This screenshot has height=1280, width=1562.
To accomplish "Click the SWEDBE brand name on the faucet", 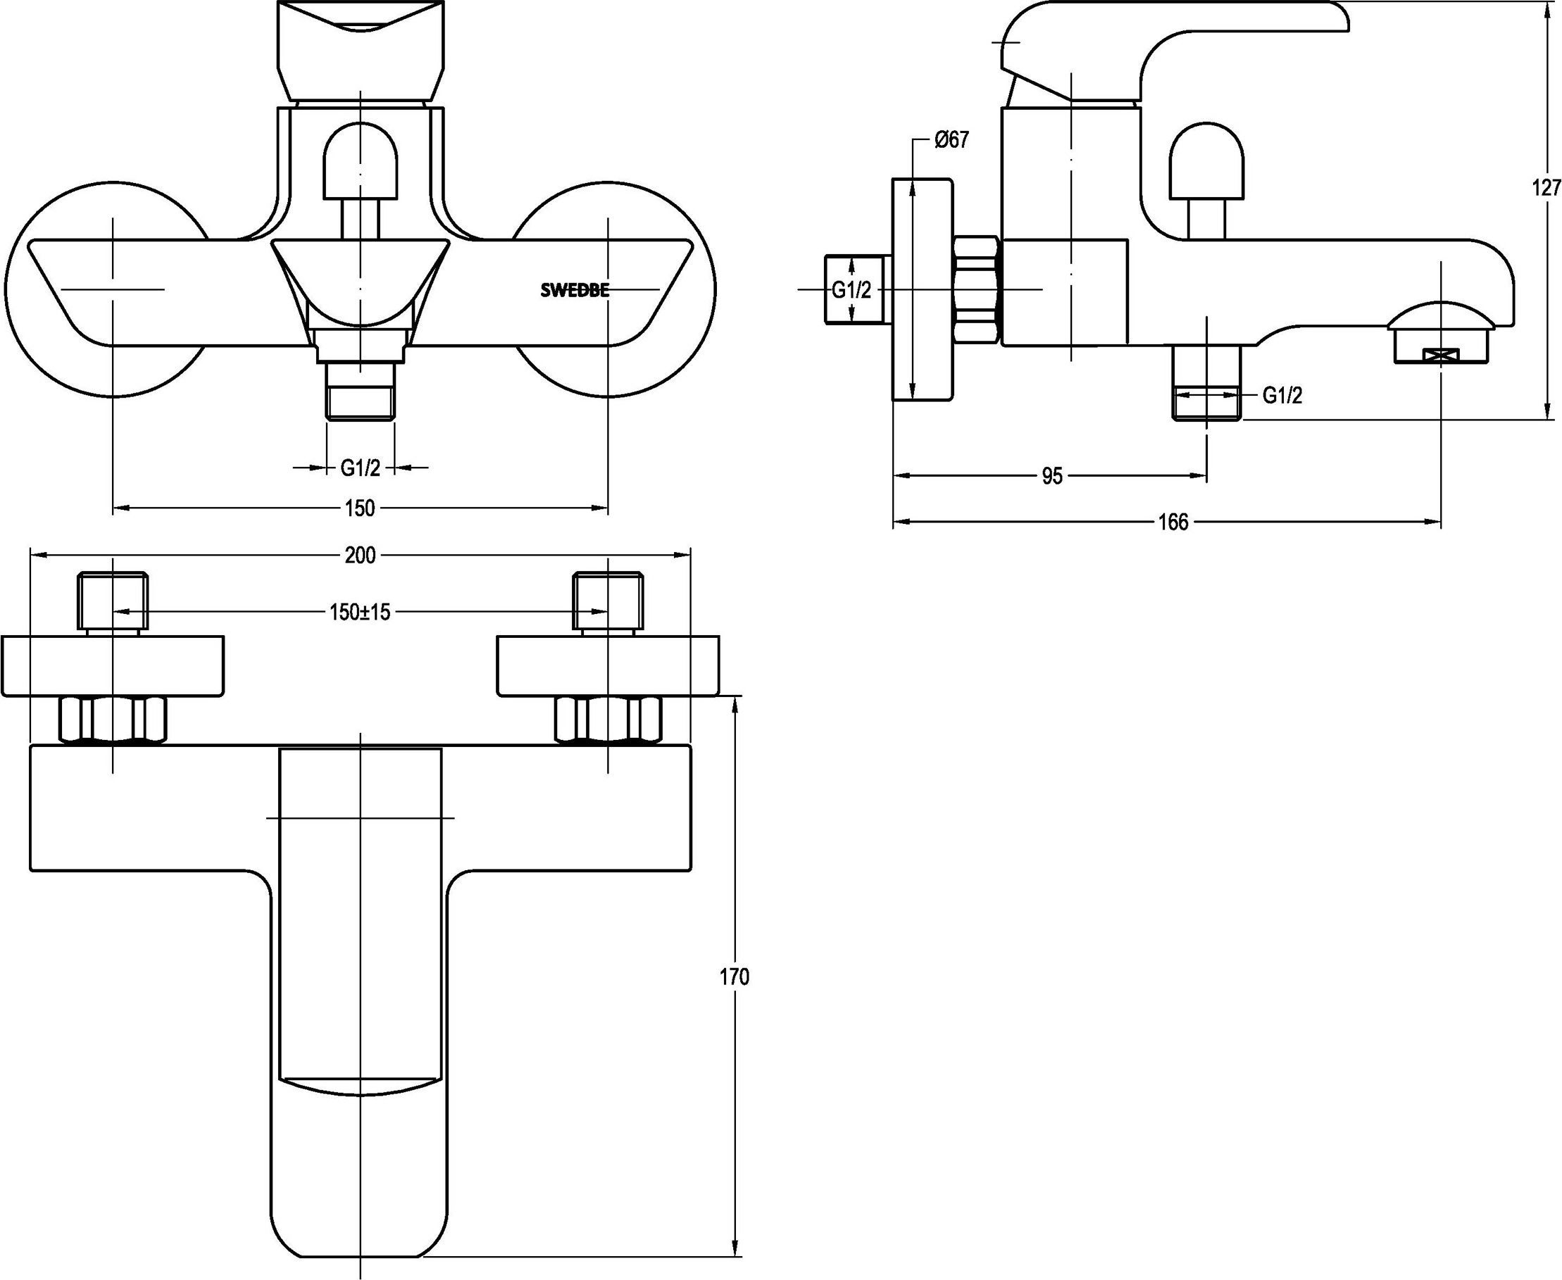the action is tap(575, 291).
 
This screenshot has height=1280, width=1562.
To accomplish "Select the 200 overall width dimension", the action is tap(360, 556).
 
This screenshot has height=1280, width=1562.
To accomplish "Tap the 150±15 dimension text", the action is tap(360, 612).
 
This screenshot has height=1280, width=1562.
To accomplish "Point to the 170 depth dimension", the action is tap(734, 977).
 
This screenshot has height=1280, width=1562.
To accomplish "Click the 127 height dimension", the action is tap(1547, 187).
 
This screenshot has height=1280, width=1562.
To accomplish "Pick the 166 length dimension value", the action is tap(1173, 522).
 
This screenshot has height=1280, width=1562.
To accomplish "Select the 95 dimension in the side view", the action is tap(1052, 477).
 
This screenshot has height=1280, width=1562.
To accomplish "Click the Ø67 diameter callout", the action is tap(951, 140).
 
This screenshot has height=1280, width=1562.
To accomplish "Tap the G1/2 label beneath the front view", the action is tap(360, 468).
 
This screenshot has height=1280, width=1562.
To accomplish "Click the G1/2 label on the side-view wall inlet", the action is tap(852, 291).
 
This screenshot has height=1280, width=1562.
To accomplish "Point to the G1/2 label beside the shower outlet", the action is tap(1282, 396).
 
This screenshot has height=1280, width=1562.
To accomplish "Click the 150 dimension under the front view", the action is tap(360, 508).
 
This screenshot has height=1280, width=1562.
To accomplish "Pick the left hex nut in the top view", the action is tap(112, 719).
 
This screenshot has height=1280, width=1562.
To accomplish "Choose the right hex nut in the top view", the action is tap(608, 719).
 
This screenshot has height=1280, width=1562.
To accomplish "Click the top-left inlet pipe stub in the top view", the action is tap(113, 602).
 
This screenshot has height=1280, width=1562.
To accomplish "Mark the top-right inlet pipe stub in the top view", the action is tap(608, 602).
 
